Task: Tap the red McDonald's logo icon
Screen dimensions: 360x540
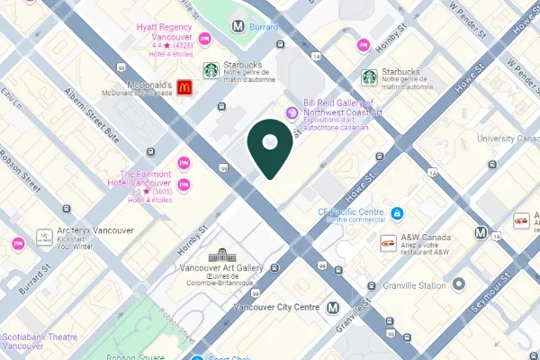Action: (184, 87)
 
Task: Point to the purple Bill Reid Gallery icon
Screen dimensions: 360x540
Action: (292, 112)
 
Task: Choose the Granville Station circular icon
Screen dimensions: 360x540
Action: (458, 284)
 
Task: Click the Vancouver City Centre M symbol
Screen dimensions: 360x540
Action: (334, 307)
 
